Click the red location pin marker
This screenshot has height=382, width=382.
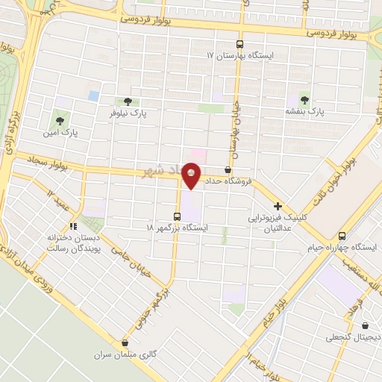192,175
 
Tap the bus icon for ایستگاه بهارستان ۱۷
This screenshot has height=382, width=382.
239,43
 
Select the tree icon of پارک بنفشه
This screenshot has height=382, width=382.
304,98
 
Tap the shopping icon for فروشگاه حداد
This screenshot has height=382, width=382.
227,170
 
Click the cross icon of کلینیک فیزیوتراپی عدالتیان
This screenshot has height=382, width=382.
278,206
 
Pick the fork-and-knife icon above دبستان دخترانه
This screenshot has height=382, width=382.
73,225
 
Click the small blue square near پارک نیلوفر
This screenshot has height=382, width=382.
93,96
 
